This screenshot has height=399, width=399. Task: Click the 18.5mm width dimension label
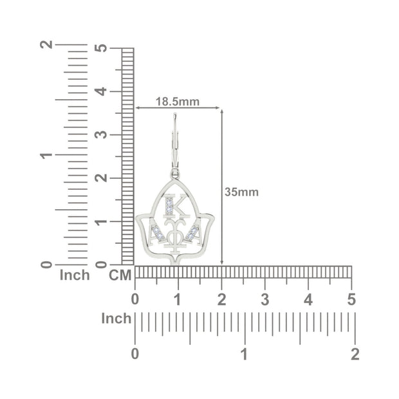178,102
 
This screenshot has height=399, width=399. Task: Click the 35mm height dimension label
241,192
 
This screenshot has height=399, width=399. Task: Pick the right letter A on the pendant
194,232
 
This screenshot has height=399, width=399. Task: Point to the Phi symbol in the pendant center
174,236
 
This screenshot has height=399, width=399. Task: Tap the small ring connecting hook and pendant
175,174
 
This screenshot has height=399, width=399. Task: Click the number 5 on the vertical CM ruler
101,48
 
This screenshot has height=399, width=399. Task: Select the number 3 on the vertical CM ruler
101,135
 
